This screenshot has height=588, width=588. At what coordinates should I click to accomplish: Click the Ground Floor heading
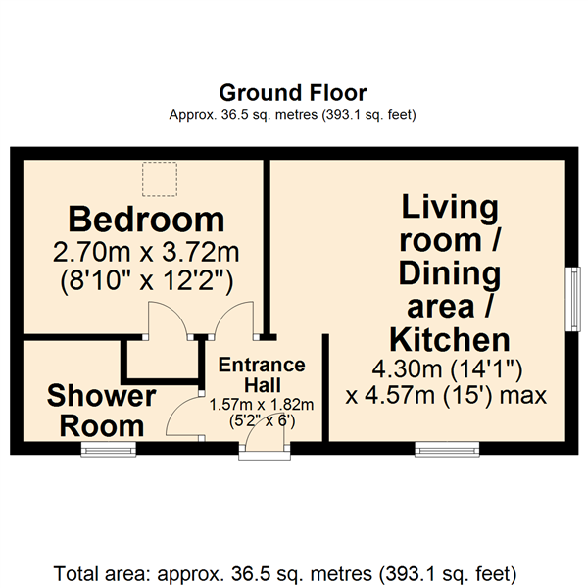293,93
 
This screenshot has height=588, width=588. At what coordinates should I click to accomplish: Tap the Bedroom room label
146,220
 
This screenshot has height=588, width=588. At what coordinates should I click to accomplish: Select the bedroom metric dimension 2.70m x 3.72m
146,253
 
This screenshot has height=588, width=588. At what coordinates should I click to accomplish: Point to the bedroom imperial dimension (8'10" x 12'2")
147,281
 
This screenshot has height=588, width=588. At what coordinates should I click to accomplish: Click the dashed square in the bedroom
160,179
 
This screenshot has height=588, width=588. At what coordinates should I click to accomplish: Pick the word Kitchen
450,340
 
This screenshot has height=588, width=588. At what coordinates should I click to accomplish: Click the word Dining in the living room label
450,274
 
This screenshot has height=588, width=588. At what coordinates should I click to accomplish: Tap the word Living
450,208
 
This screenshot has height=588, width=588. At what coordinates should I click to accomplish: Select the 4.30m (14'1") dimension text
447,369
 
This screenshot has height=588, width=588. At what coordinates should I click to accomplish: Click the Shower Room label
101,411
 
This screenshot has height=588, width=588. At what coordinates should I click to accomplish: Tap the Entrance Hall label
262,375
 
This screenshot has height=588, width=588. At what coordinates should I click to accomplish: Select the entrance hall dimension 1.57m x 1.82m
262,405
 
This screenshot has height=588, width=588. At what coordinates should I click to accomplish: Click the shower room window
109,449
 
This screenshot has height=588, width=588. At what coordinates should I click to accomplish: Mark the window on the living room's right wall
572,299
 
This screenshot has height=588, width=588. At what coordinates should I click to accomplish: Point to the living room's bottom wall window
447,449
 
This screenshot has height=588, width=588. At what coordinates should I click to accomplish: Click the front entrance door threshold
265,456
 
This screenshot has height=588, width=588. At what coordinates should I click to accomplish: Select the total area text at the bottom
285,574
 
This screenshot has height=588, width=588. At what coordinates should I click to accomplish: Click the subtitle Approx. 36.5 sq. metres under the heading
292,114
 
